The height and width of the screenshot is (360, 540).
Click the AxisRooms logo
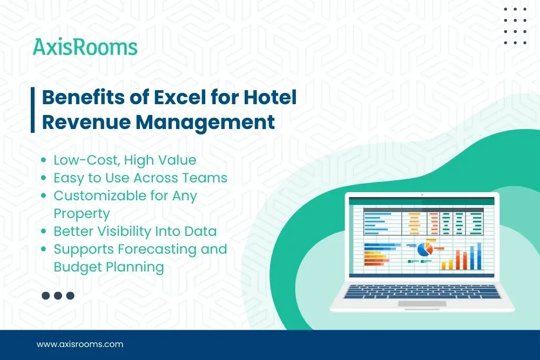coord(85,47)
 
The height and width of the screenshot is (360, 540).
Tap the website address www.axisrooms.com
coord(80,344)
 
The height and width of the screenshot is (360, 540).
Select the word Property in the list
coord(82,213)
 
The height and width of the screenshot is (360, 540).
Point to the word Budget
coord(74,267)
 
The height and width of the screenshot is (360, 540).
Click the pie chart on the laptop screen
coord(426,249)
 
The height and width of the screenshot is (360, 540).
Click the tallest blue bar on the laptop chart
coord(478,256)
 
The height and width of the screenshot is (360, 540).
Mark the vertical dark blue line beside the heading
coord(33,110)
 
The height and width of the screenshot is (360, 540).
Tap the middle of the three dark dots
coord(58,295)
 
